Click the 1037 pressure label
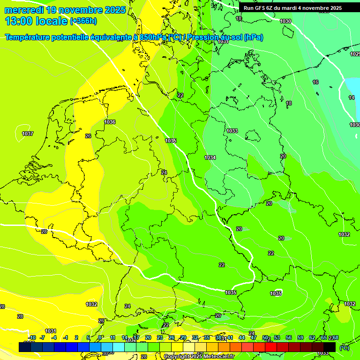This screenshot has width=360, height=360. point(28,134)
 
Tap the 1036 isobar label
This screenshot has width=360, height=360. point(110,122)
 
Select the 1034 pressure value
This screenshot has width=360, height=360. point(210,157)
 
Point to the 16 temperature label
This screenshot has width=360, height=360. point(315,82)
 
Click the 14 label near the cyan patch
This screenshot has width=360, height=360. point(352,97)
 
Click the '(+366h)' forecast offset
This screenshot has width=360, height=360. point(83,21)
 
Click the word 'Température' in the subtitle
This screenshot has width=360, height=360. point(28,37)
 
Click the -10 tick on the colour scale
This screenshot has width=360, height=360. point(32,337)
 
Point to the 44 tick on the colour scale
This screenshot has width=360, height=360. point(242,337)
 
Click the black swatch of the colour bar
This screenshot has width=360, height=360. point(330,347)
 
